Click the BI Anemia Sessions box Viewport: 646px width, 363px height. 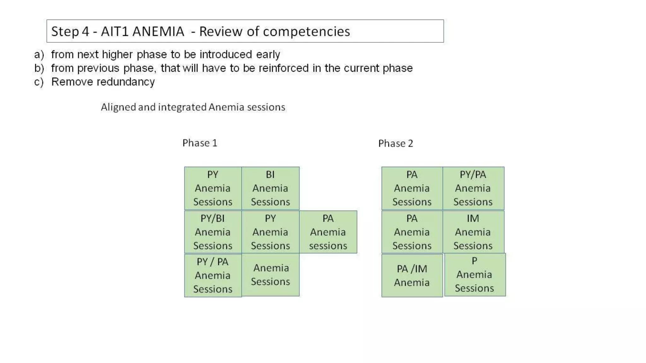point(270,188)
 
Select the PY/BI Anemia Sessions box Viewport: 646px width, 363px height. point(213,232)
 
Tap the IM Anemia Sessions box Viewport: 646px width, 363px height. point(473,232)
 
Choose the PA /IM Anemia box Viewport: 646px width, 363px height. point(412,275)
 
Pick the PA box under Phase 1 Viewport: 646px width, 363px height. point(328,232)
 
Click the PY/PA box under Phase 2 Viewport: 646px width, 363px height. point(473,188)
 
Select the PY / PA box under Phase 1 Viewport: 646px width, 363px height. point(213,275)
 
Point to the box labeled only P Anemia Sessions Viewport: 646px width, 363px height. point(475,274)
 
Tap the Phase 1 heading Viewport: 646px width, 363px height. point(200,143)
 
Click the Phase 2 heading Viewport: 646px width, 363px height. point(396,143)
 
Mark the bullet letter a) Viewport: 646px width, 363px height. point(39,55)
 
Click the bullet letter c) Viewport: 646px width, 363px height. point(39,82)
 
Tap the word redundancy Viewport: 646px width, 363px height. point(126,82)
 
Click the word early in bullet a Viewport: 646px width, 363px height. point(268,55)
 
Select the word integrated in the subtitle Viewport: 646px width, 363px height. point(182,107)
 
